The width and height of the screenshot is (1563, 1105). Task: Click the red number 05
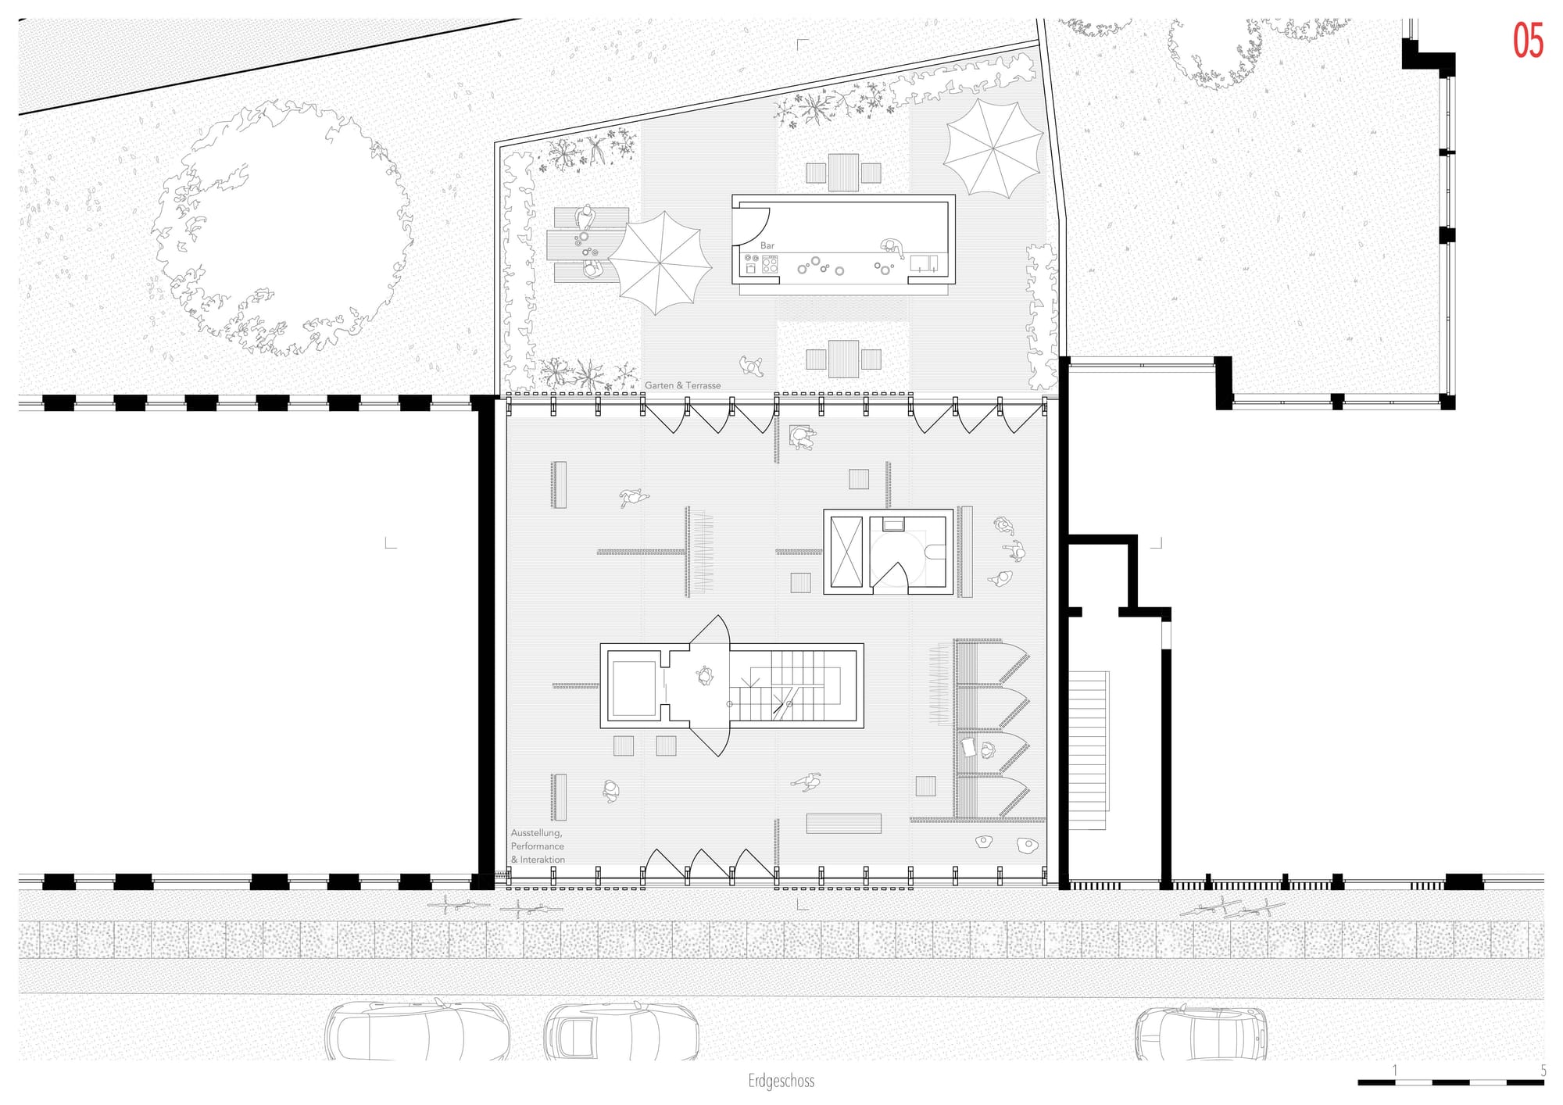pyautogui.click(x=1528, y=41)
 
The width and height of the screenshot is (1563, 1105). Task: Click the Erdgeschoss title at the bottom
pyautogui.click(x=781, y=1082)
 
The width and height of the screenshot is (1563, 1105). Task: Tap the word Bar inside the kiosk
pyautogui.click(x=767, y=245)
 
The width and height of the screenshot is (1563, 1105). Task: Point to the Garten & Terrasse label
pyautogui.click(x=683, y=385)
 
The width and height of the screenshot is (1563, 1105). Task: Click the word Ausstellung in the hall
pyautogui.click(x=536, y=833)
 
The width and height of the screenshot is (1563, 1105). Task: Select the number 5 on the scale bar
pyautogui.click(x=1543, y=1071)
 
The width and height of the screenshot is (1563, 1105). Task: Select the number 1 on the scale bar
pyautogui.click(x=1395, y=1071)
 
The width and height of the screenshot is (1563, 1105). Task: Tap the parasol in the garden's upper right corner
pyautogui.click(x=993, y=148)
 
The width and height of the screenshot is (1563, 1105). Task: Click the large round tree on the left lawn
pyautogui.click(x=281, y=228)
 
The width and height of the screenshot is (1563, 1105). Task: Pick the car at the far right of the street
pyautogui.click(x=1201, y=1032)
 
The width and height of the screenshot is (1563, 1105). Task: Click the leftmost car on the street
pyautogui.click(x=417, y=1031)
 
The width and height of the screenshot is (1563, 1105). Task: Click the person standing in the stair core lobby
pyautogui.click(x=706, y=675)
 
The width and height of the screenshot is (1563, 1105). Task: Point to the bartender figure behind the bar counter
pyautogui.click(x=892, y=249)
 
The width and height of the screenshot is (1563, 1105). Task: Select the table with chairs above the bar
pyautogui.click(x=843, y=173)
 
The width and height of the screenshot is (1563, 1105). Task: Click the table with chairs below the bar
pyautogui.click(x=843, y=359)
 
